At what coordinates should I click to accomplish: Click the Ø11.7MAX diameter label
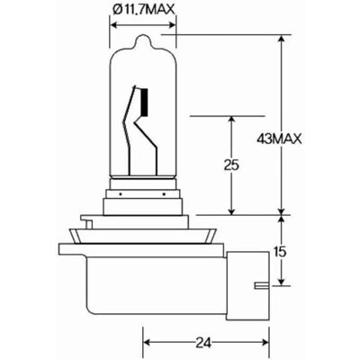(x=143, y=9)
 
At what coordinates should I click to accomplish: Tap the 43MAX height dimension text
(x=279, y=139)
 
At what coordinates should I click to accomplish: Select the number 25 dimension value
(x=231, y=166)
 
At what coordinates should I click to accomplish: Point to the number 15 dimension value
(x=280, y=252)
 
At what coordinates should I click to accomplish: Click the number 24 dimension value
(x=203, y=343)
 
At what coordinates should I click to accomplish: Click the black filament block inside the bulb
(x=145, y=103)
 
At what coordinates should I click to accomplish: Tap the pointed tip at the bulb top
(x=144, y=36)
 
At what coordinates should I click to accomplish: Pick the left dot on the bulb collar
(x=120, y=194)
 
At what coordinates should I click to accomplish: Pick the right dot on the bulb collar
(x=164, y=194)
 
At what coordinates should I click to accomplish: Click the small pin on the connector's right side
(x=262, y=285)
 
